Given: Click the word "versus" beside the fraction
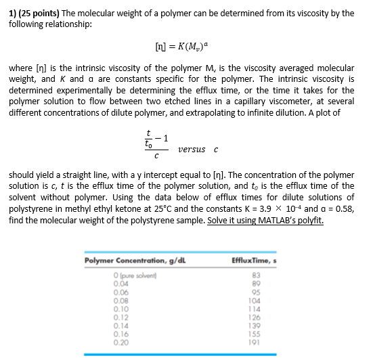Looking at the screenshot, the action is point(191,149).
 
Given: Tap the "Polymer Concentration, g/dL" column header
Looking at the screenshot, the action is point(131,261).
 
